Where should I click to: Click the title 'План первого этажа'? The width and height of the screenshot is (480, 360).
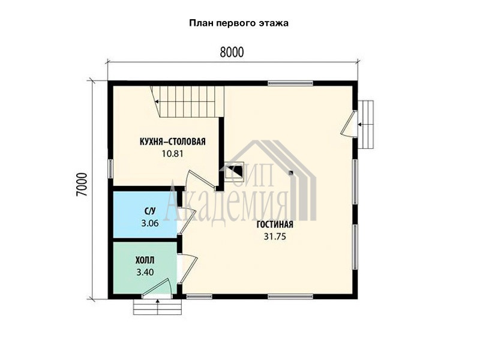click(x=239, y=23)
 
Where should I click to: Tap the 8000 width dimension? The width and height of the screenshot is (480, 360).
click(x=232, y=52)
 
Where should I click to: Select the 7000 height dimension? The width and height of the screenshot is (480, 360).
click(x=82, y=185)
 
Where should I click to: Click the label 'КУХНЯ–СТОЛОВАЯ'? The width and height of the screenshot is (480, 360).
click(x=173, y=142)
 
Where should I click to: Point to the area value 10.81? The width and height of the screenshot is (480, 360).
click(x=173, y=154)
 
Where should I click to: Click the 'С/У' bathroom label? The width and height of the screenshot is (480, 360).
click(x=150, y=211)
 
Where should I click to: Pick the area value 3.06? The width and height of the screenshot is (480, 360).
click(x=150, y=223)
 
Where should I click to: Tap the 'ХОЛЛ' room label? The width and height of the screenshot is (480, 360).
click(x=145, y=260)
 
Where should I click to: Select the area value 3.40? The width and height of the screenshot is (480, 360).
click(x=145, y=272)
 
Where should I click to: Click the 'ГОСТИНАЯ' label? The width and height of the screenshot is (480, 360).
click(x=275, y=224)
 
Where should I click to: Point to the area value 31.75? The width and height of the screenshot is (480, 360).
click(x=275, y=236)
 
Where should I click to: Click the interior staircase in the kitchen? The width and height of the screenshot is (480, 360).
click(x=187, y=101)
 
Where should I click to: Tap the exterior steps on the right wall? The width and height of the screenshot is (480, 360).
click(x=366, y=124)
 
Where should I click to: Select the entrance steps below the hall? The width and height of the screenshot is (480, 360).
click(x=158, y=307)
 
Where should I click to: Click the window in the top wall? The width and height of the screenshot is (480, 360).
click(x=290, y=83)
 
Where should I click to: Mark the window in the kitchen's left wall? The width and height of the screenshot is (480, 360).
click(x=110, y=168)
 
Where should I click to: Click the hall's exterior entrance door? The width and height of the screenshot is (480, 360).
click(x=157, y=288)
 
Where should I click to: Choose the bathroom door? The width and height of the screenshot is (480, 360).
click(x=187, y=220)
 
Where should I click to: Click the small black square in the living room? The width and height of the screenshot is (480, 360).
click(x=291, y=173)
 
